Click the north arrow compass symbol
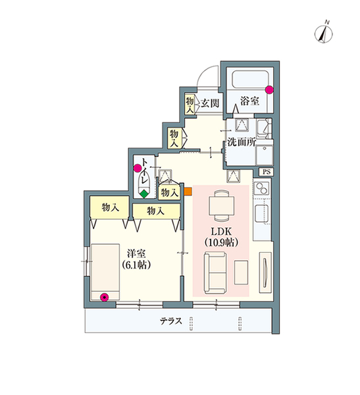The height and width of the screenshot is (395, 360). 323,33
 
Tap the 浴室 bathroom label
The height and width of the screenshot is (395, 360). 249,101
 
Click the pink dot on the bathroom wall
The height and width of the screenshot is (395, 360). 270,90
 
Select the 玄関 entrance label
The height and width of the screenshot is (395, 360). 210,103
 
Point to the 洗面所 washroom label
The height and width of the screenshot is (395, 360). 242,142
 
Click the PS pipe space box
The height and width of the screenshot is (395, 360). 267,172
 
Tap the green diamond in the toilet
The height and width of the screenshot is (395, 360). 144,194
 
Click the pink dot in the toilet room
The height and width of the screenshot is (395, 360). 138,168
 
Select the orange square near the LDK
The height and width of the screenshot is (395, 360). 188,191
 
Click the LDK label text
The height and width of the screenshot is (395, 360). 221,231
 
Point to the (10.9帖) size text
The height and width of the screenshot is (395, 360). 221,242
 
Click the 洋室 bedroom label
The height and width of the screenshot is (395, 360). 136,253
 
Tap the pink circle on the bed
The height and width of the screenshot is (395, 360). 104,298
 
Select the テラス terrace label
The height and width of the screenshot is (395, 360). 171,321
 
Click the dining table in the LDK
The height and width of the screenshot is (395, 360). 222,205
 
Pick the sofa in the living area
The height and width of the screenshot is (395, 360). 215,273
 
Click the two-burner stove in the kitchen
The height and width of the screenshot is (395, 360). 261,188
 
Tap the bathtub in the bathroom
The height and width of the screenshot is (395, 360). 250,80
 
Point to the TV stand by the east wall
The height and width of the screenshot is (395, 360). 265,273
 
